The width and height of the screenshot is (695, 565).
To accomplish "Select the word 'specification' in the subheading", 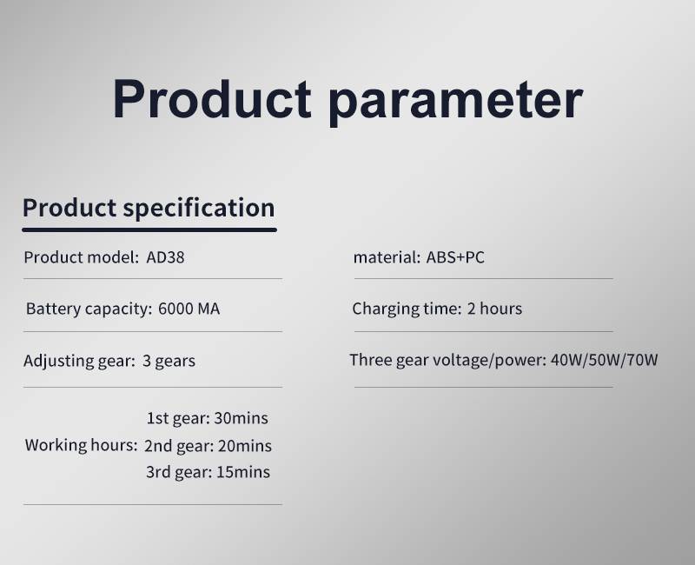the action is click(x=199, y=208).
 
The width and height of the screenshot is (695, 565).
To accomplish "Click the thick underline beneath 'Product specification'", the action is click(x=149, y=229).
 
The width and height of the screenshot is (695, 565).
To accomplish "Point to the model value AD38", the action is click(x=165, y=257).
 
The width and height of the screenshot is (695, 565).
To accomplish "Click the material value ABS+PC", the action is click(x=455, y=257).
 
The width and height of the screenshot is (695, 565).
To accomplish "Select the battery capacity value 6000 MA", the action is click(x=189, y=309).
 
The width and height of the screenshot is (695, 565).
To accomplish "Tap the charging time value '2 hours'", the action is click(x=494, y=309).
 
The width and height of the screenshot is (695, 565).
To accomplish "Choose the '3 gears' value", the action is click(x=169, y=361).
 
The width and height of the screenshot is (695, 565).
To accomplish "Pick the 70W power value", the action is click(x=641, y=360).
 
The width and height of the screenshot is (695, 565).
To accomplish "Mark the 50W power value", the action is click(x=604, y=360).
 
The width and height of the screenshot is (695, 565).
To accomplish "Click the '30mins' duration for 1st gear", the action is click(x=242, y=418).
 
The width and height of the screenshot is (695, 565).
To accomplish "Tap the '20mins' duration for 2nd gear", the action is click(x=245, y=446).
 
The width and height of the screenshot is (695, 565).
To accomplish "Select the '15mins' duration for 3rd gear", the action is click(x=243, y=472).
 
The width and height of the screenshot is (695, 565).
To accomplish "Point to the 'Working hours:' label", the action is click(x=81, y=445).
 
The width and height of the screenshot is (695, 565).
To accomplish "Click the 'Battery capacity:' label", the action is click(x=89, y=309).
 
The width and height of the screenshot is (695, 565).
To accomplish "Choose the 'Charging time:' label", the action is click(x=407, y=309).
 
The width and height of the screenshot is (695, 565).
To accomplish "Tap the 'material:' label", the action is click(x=387, y=257).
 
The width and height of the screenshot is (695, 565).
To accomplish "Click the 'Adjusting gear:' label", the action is click(x=79, y=362).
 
